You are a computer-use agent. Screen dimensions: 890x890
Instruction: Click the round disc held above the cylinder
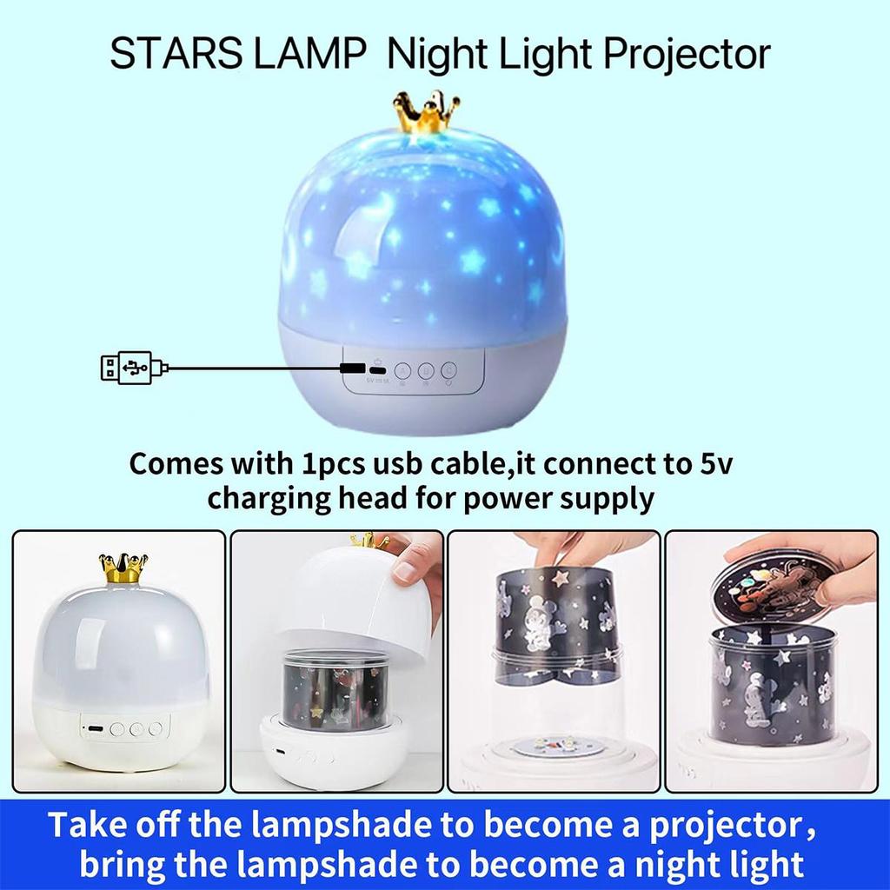[x=774, y=588]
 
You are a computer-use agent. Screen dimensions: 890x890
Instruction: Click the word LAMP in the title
[x=312, y=54]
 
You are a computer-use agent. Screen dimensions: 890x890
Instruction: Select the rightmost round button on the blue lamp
[x=448, y=370]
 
